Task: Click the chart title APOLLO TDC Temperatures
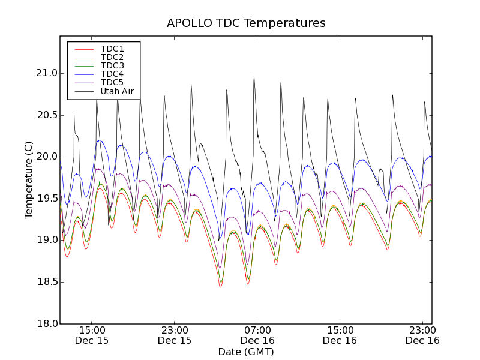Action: click(x=246, y=23)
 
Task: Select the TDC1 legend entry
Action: click(x=112, y=49)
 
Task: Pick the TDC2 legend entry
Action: click(x=112, y=57)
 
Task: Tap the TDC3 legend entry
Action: click(x=112, y=65)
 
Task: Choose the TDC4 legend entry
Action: click(x=112, y=74)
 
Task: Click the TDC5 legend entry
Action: click(x=112, y=82)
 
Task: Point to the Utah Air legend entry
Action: click(x=117, y=91)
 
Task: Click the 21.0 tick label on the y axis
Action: click(x=46, y=73)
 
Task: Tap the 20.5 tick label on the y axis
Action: click(x=46, y=115)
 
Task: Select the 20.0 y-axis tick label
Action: click(x=46, y=157)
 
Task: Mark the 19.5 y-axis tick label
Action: click(x=46, y=199)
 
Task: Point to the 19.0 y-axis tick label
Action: click(x=46, y=240)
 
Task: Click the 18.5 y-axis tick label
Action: click(x=46, y=282)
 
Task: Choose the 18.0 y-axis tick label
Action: click(x=46, y=323)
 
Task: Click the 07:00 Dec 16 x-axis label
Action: click(x=257, y=335)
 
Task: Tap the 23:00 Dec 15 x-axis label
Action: click(x=175, y=335)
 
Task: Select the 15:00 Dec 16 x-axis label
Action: click(x=340, y=335)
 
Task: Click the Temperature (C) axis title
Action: click(x=29, y=180)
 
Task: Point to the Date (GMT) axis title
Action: click(x=246, y=352)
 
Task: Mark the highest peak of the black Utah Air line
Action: click(x=254, y=77)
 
